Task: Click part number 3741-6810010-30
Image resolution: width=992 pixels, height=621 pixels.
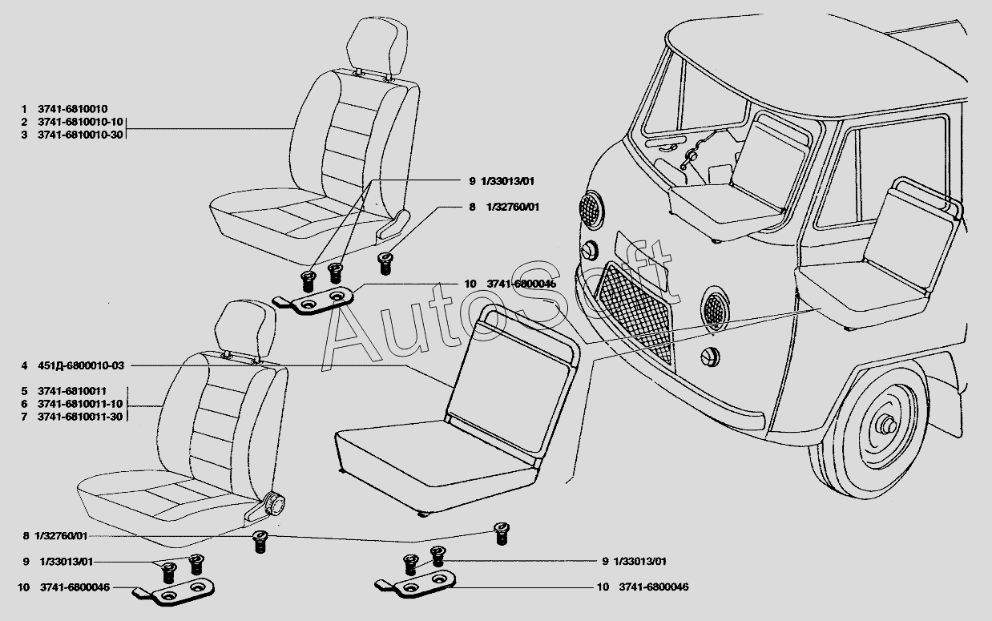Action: [x=80, y=135]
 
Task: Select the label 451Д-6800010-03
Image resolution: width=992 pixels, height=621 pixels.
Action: [x=81, y=366]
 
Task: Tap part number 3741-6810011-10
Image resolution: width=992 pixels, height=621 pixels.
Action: [x=80, y=404]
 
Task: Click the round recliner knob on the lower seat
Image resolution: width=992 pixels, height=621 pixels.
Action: [x=276, y=504]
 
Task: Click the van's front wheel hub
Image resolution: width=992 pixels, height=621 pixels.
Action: [x=887, y=426]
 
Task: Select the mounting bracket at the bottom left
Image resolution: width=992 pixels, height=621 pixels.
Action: [x=174, y=592]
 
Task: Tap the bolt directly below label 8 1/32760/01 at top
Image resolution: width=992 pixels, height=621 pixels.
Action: [x=385, y=263]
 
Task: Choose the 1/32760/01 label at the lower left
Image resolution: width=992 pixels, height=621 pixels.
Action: [x=61, y=536]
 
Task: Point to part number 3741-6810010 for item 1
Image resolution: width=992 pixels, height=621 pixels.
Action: [x=73, y=109]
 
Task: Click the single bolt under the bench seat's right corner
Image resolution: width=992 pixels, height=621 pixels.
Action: [x=502, y=534]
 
